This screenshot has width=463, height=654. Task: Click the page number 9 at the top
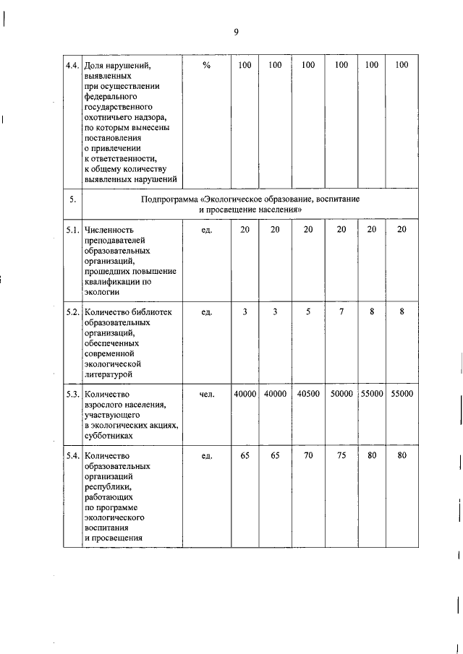[x=236, y=31]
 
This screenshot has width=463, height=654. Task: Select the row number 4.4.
[x=72, y=65]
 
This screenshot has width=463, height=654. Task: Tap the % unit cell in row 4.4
[x=206, y=65]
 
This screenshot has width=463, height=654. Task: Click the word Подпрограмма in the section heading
[x=171, y=198]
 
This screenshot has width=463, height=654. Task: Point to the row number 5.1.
[x=72, y=229]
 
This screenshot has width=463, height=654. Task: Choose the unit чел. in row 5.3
[x=206, y=395]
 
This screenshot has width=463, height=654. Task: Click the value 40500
[x=308, y=395]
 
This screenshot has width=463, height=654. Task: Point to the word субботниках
[x=109, y=436]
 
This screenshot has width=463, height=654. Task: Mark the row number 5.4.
[x=72, y=457]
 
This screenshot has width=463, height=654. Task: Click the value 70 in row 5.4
[x=308, y=457]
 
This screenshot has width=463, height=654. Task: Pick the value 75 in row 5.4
[x=341, y=457]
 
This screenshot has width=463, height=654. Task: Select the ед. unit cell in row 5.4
[x=206, y=457]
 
